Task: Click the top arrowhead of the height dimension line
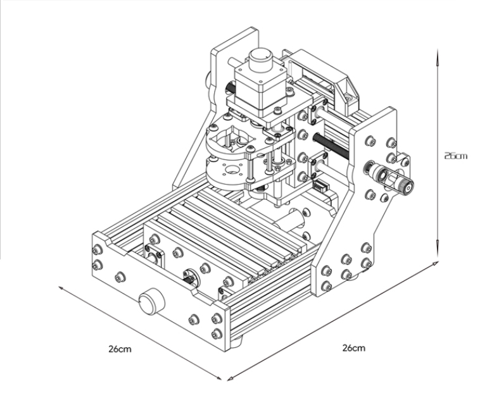point(437,56)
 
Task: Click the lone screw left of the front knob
point(119,277)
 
